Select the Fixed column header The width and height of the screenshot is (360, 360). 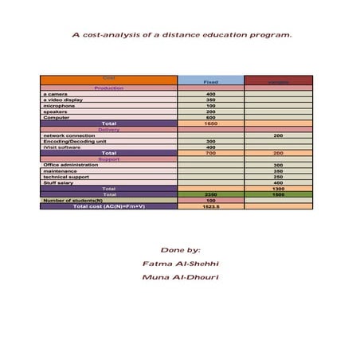(211, 82)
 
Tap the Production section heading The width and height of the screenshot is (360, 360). (108, 88)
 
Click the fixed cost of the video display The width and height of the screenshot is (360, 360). (211, 100)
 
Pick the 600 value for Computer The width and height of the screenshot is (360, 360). (211, 118)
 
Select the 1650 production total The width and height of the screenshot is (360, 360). (211, 123)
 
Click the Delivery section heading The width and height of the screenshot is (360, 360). (108, 129)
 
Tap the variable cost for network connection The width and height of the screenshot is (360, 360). (278, 135)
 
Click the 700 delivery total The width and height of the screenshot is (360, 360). (211, 153)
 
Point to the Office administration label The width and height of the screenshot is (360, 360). (72, 165)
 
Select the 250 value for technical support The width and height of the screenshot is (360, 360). (278, 177)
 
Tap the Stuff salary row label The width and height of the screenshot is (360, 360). (59, 182)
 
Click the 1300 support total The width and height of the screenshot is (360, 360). (278, 188)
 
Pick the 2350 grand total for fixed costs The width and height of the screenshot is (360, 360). (211, 194)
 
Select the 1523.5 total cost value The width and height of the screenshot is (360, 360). (211, 205)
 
